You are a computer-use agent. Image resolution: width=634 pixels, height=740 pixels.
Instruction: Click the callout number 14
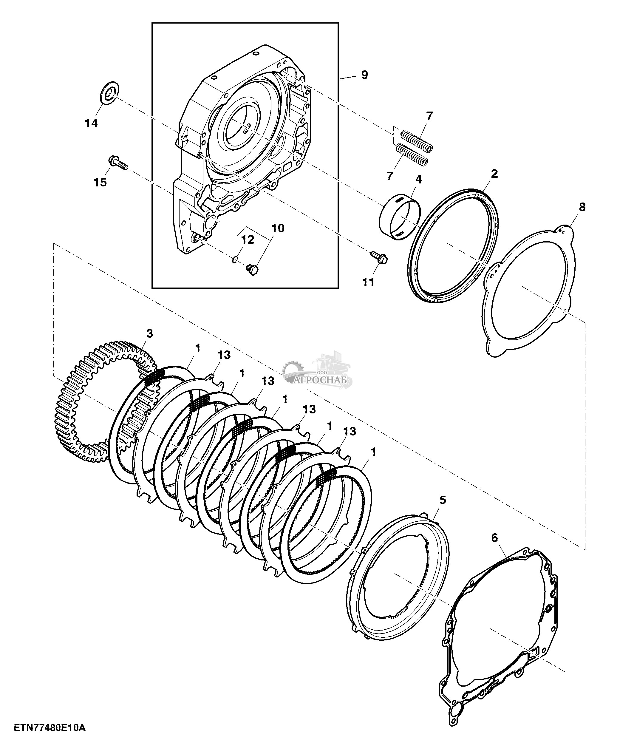click(91, 123)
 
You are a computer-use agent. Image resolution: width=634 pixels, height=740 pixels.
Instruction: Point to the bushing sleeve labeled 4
click(399, 217)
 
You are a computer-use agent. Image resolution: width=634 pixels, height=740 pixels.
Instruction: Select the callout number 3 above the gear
click(150, 333)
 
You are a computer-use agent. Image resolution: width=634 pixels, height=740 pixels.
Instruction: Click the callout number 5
click(443, 500)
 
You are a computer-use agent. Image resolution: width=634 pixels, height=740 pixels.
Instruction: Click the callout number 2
click(494, 174)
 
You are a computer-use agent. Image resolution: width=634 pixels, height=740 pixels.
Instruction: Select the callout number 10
click(278, 228)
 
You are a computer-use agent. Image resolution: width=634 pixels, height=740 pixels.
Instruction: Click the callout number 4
click(419, 179)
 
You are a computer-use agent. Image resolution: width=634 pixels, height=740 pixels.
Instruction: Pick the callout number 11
click(368, 282)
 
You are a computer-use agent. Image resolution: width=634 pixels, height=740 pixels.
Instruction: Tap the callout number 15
click(100, 182)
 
